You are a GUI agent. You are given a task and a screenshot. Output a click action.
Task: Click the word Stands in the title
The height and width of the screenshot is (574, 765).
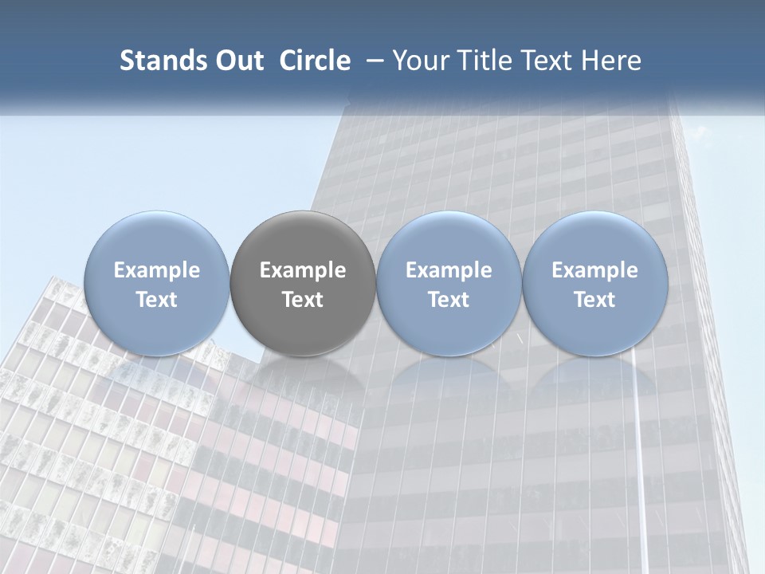pyautogui.click(x=157, y=61)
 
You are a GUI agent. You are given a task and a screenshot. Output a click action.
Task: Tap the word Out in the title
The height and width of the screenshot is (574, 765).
pyautogui.click(x=237, y=61)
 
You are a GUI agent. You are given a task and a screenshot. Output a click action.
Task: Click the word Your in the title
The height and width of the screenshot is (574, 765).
pyautogui.click(x=418, y=61)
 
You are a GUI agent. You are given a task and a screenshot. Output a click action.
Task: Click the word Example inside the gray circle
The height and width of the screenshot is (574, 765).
pyautogui.click(x=303, y=270)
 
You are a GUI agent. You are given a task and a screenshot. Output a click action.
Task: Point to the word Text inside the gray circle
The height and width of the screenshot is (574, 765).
pyautogui.click(x=303, y=300)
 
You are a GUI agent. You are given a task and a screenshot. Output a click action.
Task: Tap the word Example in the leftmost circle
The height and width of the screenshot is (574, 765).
pyautogui.click(x=156, y=270)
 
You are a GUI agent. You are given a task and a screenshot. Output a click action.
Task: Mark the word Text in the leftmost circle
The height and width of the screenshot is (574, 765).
pyautogui.click(x=156, y=300)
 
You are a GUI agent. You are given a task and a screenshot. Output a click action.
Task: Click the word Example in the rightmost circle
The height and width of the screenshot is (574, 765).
pyautogui.click(x=595, y=270)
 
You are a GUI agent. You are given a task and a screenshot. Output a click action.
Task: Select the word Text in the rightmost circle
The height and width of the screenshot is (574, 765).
pyautogui.click(x=595, y=300)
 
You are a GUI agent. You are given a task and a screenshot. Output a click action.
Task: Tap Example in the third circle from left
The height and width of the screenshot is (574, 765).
pyautogui.click(x=449, y=270)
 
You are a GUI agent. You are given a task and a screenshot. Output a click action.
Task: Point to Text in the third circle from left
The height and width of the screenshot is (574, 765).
pyautogui.click(x=449, y=300)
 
